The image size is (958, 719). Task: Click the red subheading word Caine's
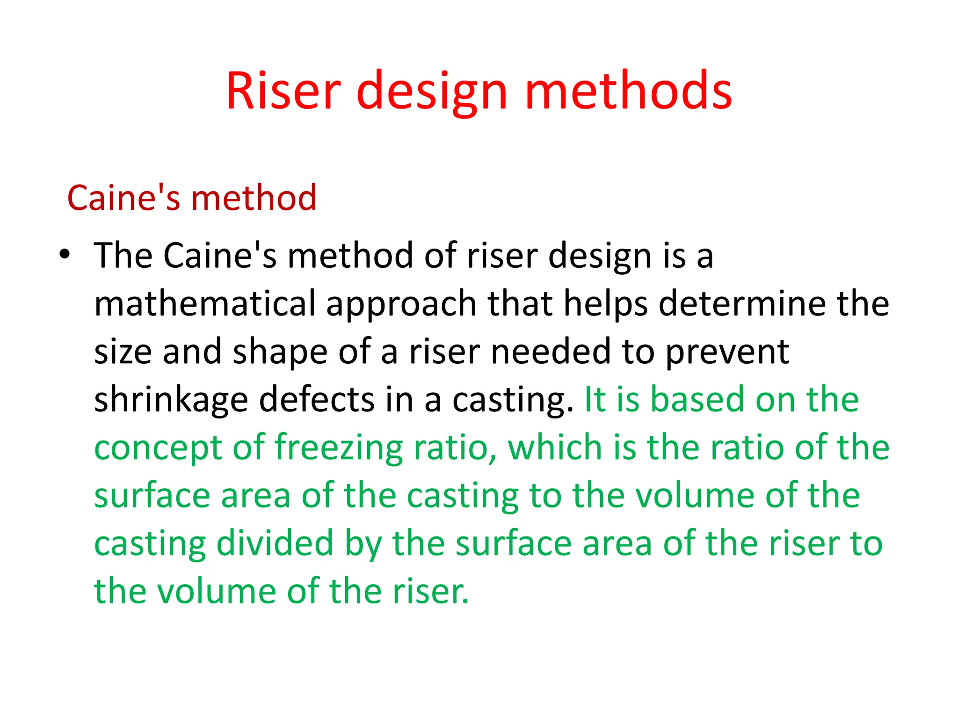[x=124, y=198]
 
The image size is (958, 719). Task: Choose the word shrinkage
[x=171, y=400]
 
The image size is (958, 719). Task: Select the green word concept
[x=158, y=448]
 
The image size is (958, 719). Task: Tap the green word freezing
[x=339, y=448]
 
